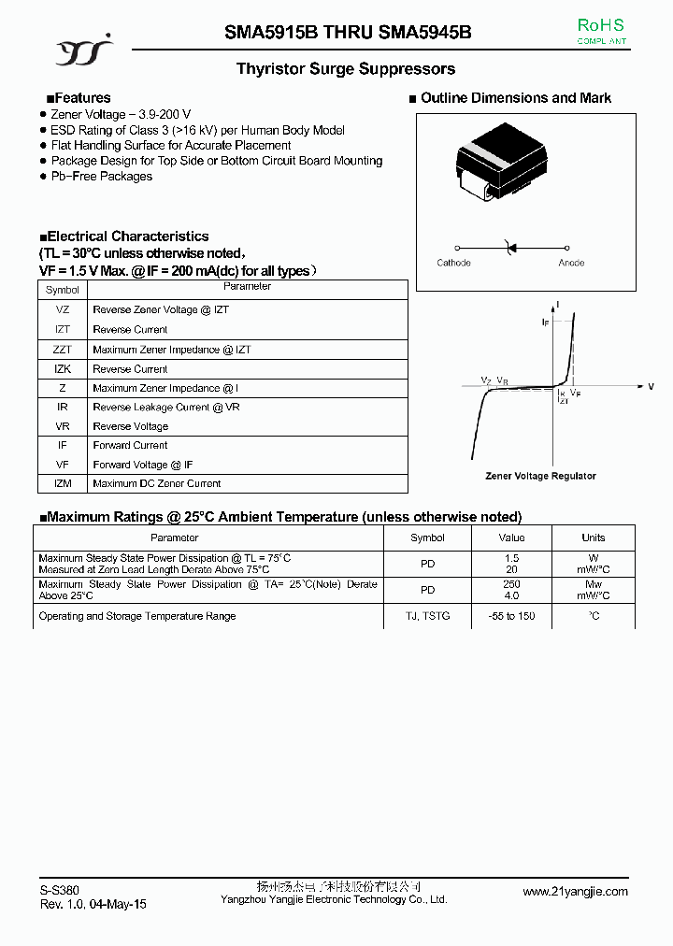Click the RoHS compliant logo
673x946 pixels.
600,30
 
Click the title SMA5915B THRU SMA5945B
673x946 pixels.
348,32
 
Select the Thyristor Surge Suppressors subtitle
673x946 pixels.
346,69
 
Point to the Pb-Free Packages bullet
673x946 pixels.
101,176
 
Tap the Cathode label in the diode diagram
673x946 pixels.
454,263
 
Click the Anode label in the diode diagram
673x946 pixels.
571,263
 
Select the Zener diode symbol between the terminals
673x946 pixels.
510,247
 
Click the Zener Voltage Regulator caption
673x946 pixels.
540,476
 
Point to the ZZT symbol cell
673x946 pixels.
63,350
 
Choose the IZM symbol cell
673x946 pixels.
63,483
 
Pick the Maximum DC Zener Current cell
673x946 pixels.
156,483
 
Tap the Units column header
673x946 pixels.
594,537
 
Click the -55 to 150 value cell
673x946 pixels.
511,616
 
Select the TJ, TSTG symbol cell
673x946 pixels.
427,616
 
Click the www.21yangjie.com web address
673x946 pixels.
575,892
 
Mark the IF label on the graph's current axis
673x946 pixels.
546,322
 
